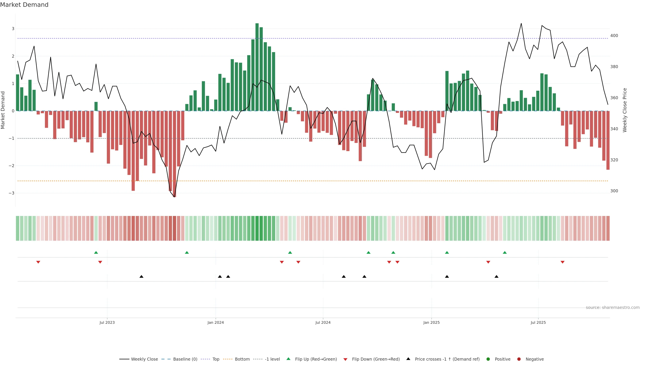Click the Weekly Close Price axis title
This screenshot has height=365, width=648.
[x=625, y=110]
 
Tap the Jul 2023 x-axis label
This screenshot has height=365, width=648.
[x=107, y=322]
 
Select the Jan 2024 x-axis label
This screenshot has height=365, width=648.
[x=216, y=322]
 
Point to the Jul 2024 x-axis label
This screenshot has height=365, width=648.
[x=323, y=322]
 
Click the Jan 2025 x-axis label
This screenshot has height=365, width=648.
[x=431, y=322]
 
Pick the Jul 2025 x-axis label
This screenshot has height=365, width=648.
[x=538, y=322]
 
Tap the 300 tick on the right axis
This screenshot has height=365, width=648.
[x=614, y=191]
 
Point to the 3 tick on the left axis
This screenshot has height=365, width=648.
[x=13, y=29]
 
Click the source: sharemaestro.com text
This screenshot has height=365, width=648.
[x=613, y=308]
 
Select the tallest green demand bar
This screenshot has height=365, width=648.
[x=257, y=67]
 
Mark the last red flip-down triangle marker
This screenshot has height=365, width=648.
[x=562, y=262]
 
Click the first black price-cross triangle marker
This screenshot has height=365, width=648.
[x=141, y=277]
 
